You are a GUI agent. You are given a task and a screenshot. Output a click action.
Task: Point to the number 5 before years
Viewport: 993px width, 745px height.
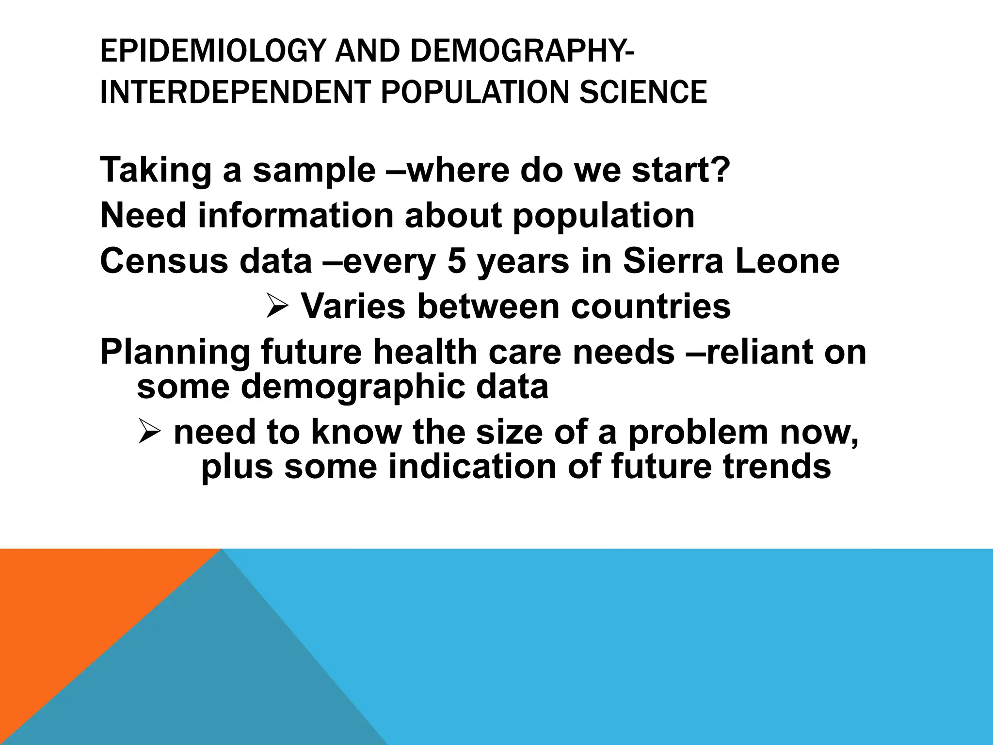click(456, 260)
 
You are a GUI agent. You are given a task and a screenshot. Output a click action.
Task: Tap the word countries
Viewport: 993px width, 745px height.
click(651, 306)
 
